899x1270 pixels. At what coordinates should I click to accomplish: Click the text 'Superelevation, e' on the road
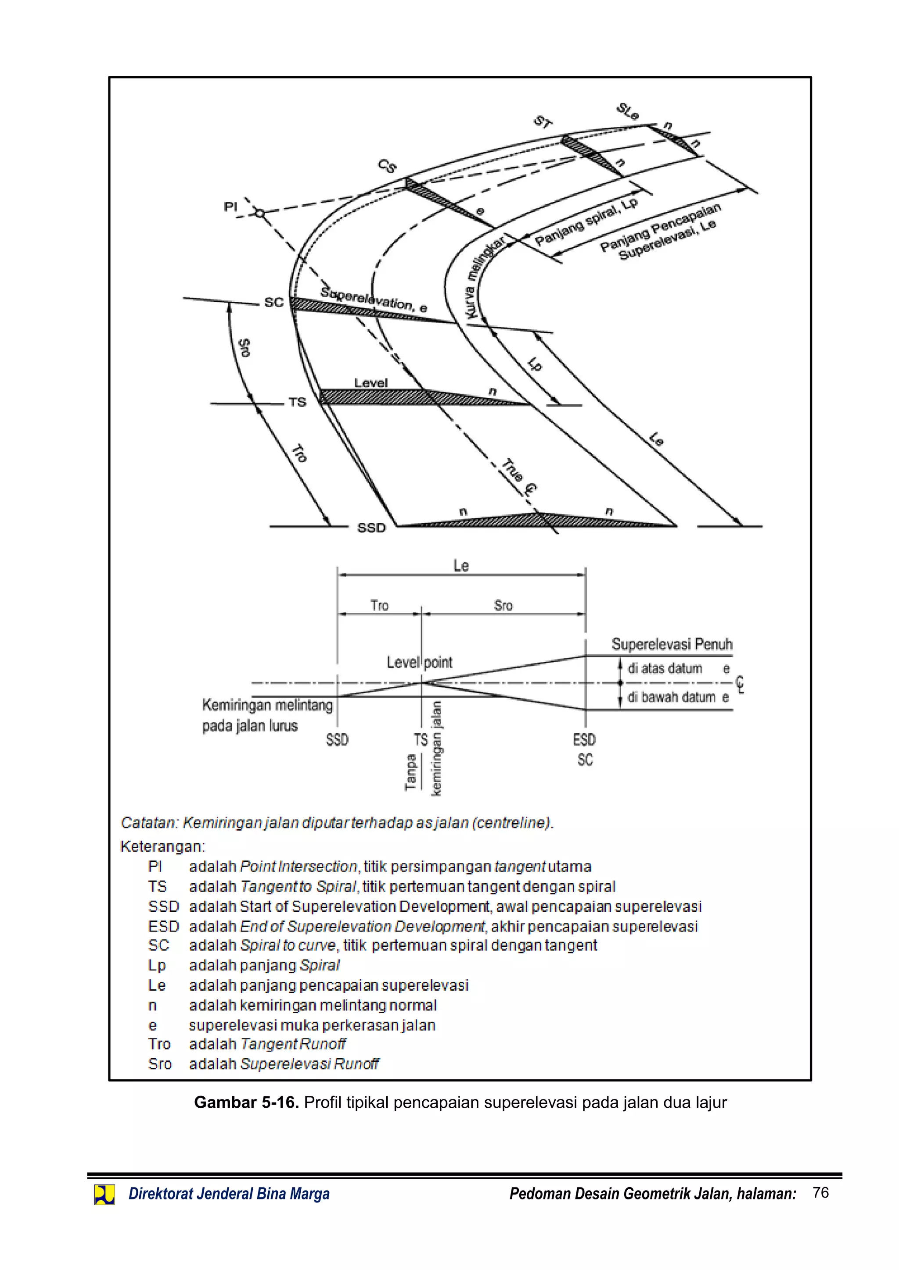click(x=374, y=299)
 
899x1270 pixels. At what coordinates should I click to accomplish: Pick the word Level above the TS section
click(x=371, y=383)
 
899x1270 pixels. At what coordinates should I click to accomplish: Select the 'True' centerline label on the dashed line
click(x=512, y=470)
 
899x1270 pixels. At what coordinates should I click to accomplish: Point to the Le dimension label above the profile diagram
click(x=460, y=566)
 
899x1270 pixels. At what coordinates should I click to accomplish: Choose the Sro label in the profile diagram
click(x=503, y=606)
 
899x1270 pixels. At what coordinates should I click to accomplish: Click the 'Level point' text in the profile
click(x=419, y=662)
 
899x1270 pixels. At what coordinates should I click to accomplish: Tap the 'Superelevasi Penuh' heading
click(x=672, y=644)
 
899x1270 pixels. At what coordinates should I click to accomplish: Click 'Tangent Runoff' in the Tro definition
click(x=293, y=1044)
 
